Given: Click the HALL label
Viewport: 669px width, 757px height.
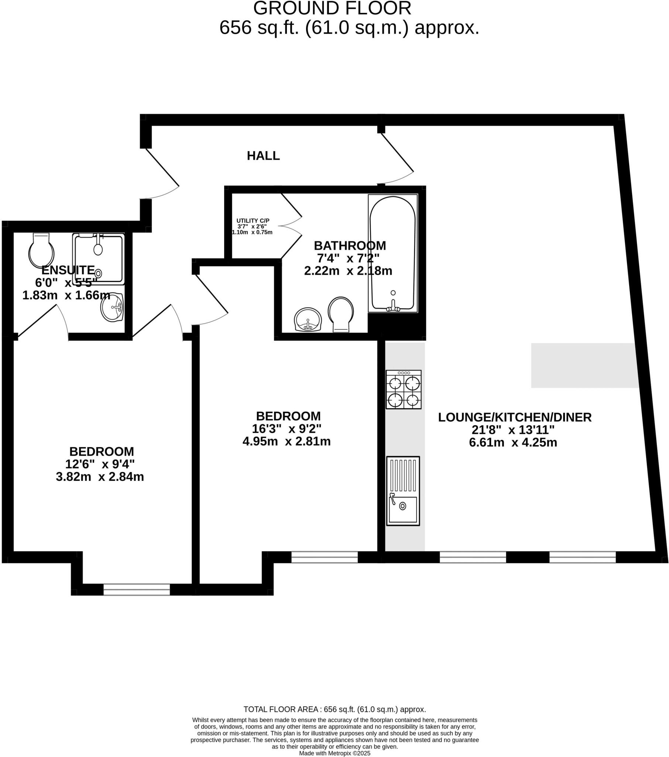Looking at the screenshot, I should pyautogui.click(x=263, y=156).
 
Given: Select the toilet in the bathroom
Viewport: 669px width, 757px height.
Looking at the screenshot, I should pyautogui.click(x=340, y=315).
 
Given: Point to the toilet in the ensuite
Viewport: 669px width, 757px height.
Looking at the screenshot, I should pyautogui.click(x=41, y=250).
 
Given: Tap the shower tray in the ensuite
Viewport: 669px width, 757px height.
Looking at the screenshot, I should pyautogui.click(x=99, y=259).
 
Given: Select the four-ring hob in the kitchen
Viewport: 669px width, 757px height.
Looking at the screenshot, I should pyautogui.click(x=403, y=389).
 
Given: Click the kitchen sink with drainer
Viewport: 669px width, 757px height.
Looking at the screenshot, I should pyautogui.click(x=403, y=491).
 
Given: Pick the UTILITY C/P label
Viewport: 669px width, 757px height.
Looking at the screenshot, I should pyautogui.click(x=253, y=221).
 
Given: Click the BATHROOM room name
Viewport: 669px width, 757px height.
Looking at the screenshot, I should pyautogui.click(x=350, y=245).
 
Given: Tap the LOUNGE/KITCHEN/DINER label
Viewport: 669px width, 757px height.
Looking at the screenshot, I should pyautogui.click(x=515, y=417).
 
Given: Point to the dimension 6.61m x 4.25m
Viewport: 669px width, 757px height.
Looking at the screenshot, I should pyautogui.click(x=513, y=442).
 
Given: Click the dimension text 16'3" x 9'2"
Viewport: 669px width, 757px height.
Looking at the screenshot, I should pyautogui.click(x=287, y=429).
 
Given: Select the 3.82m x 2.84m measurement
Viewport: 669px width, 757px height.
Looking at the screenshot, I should pyautogui.click(x=100, y=477).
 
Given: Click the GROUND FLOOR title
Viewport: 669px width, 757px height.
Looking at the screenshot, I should pyautogui.click(x=332, y=9).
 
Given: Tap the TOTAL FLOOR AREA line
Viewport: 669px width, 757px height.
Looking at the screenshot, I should pyautogui.click(x=334, y=710).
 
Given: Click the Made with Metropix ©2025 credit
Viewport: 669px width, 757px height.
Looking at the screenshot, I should pyautogui.click(x=334, y=753).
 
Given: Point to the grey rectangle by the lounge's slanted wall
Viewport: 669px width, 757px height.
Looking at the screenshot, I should pyautogui.click(x=584, y=366).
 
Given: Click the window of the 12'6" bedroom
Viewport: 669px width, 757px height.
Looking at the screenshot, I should pyautogui.click(x=137, y=589).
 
